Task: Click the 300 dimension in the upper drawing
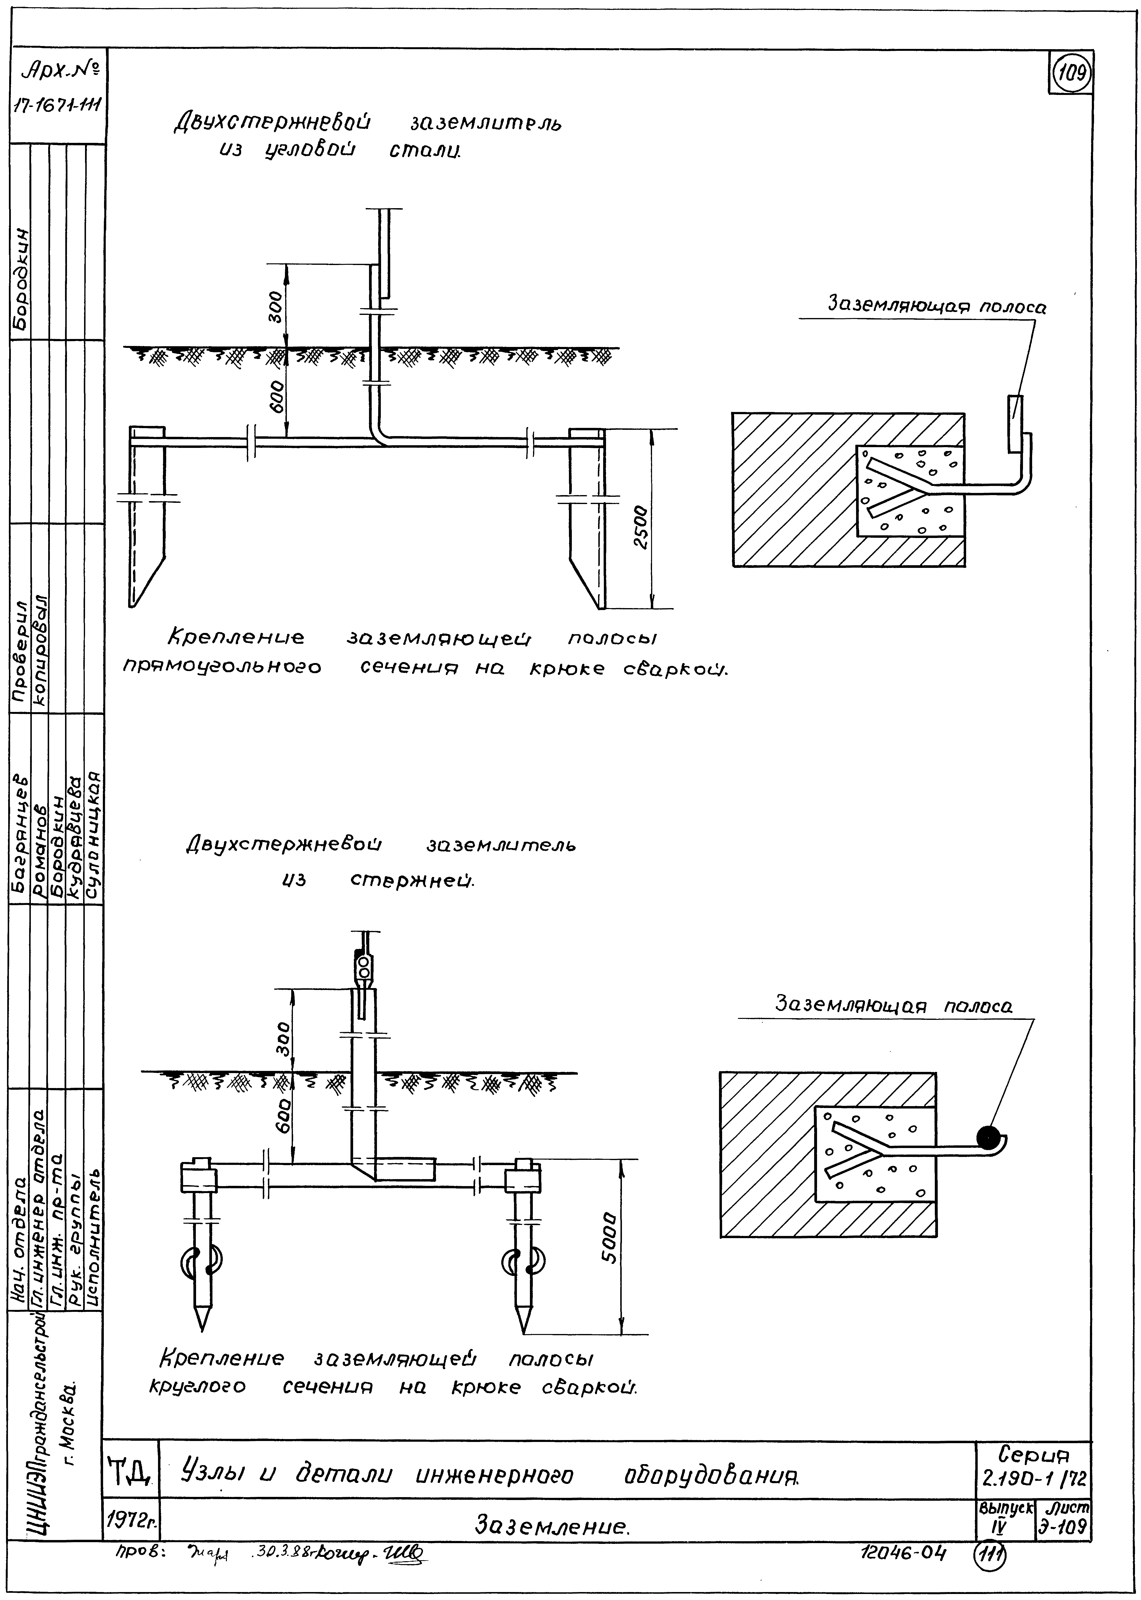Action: (x=276, y=306)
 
